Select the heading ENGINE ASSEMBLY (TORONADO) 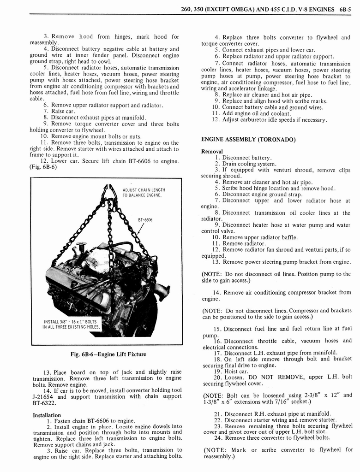(248, 139)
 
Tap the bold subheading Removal (212, 151)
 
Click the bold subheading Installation (47, 415)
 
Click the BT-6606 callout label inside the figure (145, 220)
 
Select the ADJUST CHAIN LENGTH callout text (144, 190)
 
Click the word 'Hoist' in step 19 (231, 371)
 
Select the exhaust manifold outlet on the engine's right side (162, 291)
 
